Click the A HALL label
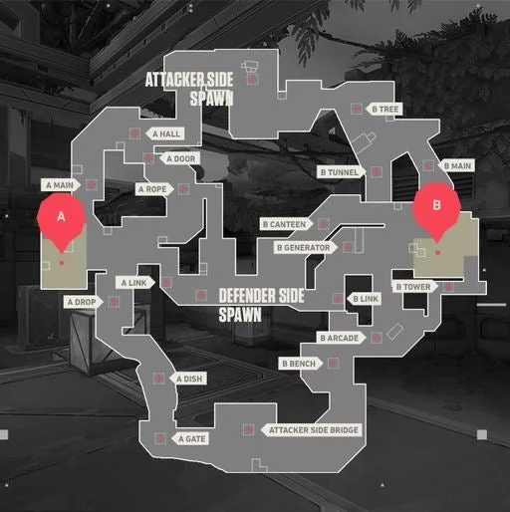[165, 133]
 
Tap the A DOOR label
[179, 158]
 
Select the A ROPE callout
[154, 189]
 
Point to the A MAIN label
[61, 185]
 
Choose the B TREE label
[384, 109]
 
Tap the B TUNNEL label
[341, 172]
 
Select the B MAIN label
[456, 165]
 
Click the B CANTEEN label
[286, 224]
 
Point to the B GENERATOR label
[305, 248]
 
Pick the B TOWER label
[415, 287]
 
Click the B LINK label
[365, 299]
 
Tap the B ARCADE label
[341, 338]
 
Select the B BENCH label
[301, 364]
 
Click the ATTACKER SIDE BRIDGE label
[312, 430]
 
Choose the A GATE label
[190, 439]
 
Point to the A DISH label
[188, 379]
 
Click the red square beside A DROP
[114, 302]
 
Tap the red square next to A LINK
[166, 283]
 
